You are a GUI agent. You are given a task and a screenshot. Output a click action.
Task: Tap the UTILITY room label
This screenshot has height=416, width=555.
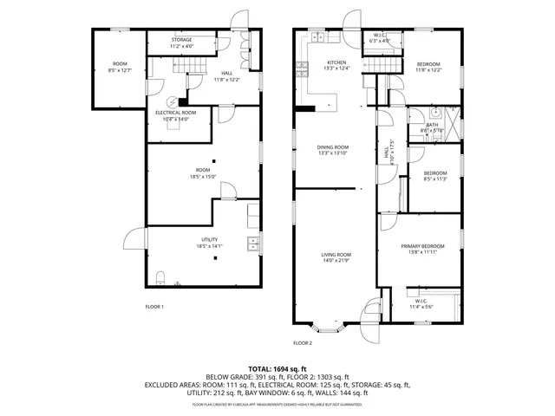click(x=209, y=240)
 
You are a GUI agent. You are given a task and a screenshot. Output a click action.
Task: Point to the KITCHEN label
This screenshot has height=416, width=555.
click(x=336, y=62)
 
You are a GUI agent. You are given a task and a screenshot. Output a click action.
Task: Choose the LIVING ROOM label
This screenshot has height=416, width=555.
click(x=336, y=255)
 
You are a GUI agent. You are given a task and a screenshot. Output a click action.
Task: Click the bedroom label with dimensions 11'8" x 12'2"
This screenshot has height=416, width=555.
click(x=428, y=64)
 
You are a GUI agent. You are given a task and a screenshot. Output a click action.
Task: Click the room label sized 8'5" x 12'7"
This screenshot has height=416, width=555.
click(x=119, y=64)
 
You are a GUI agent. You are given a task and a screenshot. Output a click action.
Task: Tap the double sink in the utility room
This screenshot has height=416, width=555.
click(x=252, y=243)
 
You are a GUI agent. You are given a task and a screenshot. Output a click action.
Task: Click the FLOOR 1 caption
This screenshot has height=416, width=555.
click(x=154, y=307)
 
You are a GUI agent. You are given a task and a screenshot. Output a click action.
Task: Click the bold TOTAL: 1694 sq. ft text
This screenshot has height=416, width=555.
click(x=277, y=369)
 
